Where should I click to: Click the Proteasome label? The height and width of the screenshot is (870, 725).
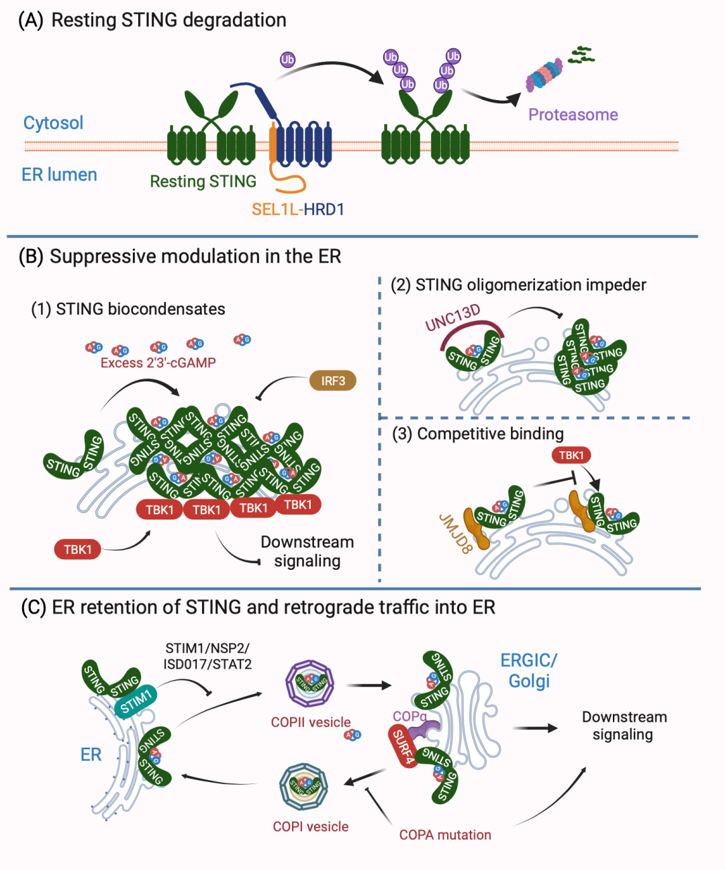[x=573, y=115]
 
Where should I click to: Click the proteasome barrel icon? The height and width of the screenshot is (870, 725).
[x=544, y=75]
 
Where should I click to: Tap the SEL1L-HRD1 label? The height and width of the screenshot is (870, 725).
[x=297, y=209]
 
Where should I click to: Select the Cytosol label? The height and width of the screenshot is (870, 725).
[x=53, y=123]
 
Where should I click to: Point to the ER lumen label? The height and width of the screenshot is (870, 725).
[x=59, y=175]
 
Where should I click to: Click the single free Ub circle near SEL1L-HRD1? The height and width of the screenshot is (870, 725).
[x=287, y=60]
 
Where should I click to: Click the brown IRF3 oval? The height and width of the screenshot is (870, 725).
[x=333, y=381]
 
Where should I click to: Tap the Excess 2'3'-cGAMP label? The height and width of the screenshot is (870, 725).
[x=158, y=363]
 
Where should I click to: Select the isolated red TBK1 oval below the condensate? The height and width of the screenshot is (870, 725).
[x=78, y=550]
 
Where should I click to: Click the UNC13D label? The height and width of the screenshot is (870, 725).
[x=453, y=318]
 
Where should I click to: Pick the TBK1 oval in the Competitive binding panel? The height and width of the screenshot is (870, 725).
[x=571, y=455]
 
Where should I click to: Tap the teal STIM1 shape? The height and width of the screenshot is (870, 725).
[x=136, y=701]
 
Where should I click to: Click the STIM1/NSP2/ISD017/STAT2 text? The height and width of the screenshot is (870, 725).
[x=207, y=657]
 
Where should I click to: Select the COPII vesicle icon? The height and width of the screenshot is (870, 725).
[x=309, y=683]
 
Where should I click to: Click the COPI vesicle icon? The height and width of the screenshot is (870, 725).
[x=303, y=786]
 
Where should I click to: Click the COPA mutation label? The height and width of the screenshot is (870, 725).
[x=445, y=835]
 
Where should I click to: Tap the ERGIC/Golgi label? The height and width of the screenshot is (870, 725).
[x=529, y=671]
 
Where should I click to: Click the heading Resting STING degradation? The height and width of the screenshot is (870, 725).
[x=152, y=20]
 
